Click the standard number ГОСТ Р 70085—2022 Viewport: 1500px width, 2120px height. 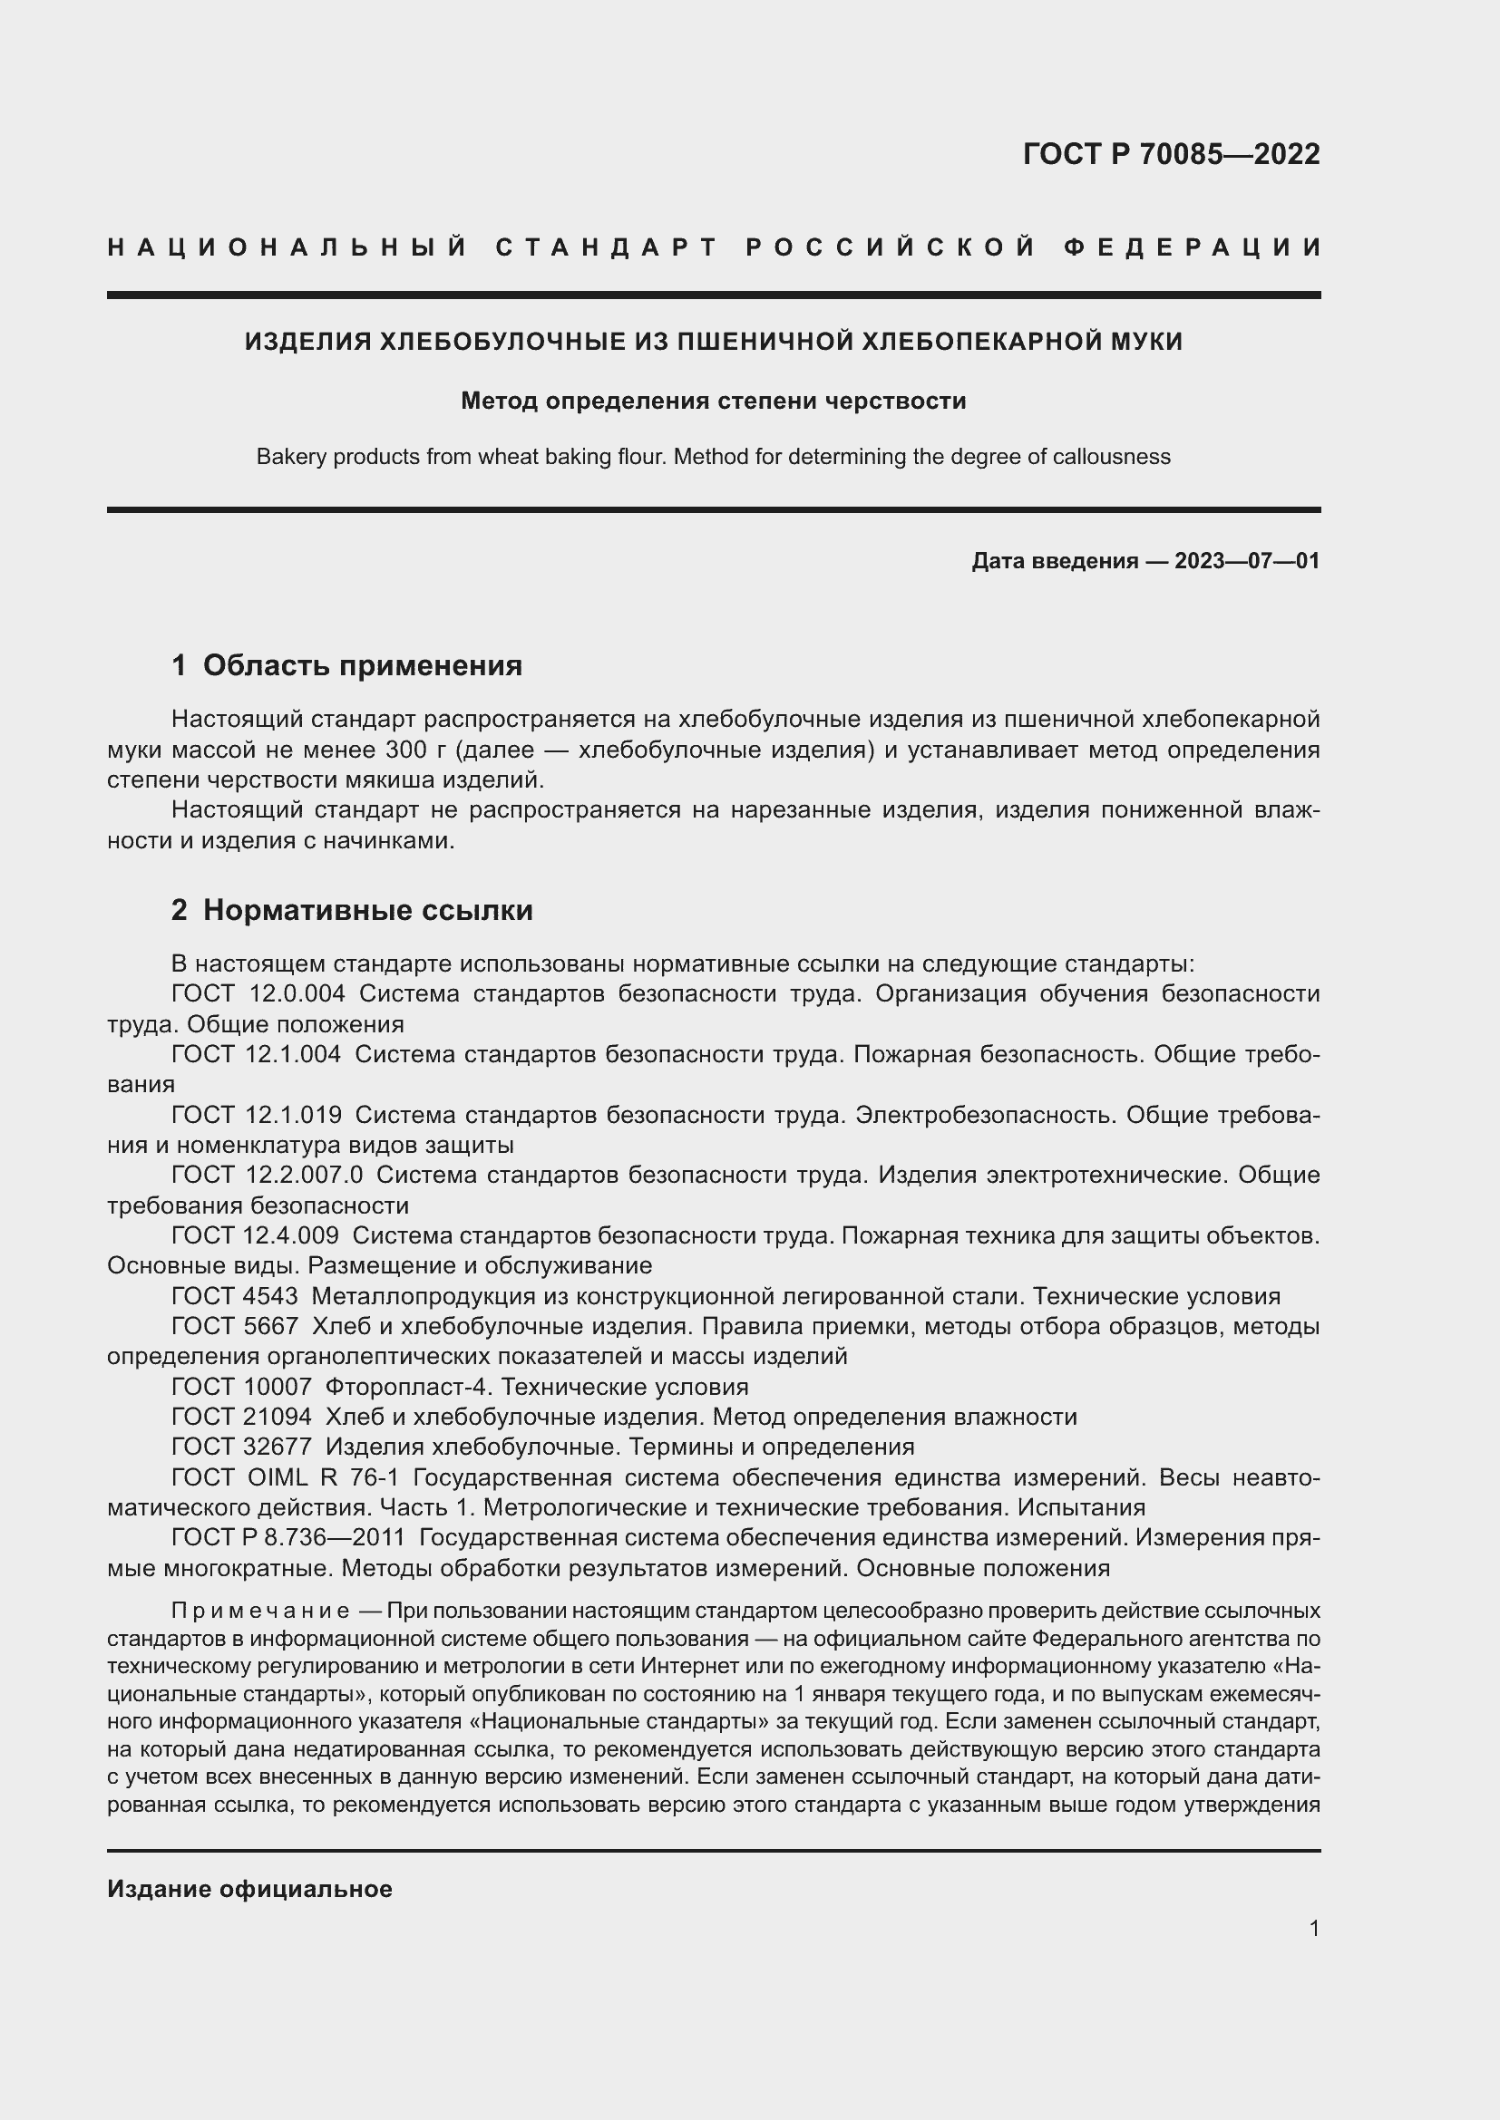(x=1170, y=154)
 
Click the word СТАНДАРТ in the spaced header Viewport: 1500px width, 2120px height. (x=606, y=247)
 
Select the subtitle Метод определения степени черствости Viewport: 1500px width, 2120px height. (x=713, y=402)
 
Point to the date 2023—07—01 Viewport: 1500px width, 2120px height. (x=1246, y=561)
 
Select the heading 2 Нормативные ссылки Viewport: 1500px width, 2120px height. (x=352, y=910)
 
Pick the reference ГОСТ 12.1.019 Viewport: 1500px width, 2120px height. (x=256, y=1116)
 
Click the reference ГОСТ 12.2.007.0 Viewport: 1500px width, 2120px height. (x=267, y=1176)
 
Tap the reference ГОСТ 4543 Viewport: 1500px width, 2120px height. (x=235, y=1296)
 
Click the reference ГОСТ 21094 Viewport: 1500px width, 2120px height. (x=241, y=1418)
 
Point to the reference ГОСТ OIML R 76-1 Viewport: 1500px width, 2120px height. (x=285, y=1478)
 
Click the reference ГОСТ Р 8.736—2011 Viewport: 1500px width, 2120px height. (x=288, y=1538)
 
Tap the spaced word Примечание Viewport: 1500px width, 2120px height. (x=259, y=1612)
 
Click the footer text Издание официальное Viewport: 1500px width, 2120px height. (x=249, y=1889)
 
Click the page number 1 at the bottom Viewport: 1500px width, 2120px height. (x=1313, y=1928)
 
